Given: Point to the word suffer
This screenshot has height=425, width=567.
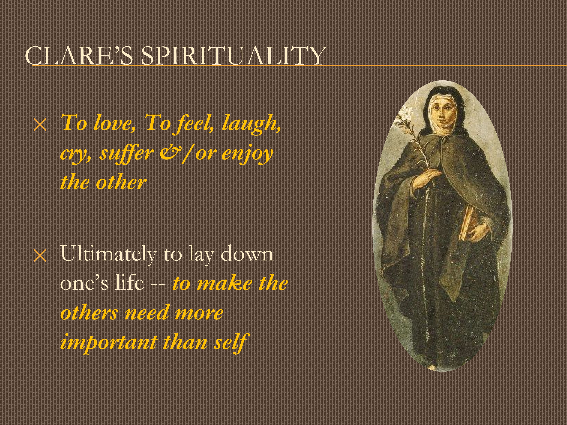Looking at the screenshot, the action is [126, 154].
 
